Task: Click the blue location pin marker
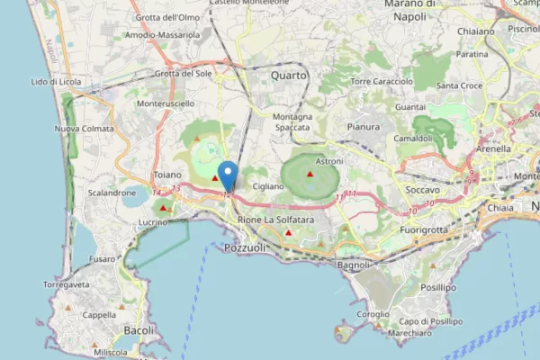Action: (x=229, y=174)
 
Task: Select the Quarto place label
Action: (x=289, y=76)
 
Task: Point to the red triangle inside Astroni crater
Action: (x=310, y=174)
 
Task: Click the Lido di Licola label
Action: (x=56, y=82)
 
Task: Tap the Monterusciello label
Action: (x=166, y=104)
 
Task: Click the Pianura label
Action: (x=363, y=127)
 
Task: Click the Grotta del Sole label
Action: (x=184, y=74)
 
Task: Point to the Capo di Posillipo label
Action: (x=430, y=321)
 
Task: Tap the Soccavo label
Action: (x=423, y=191)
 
